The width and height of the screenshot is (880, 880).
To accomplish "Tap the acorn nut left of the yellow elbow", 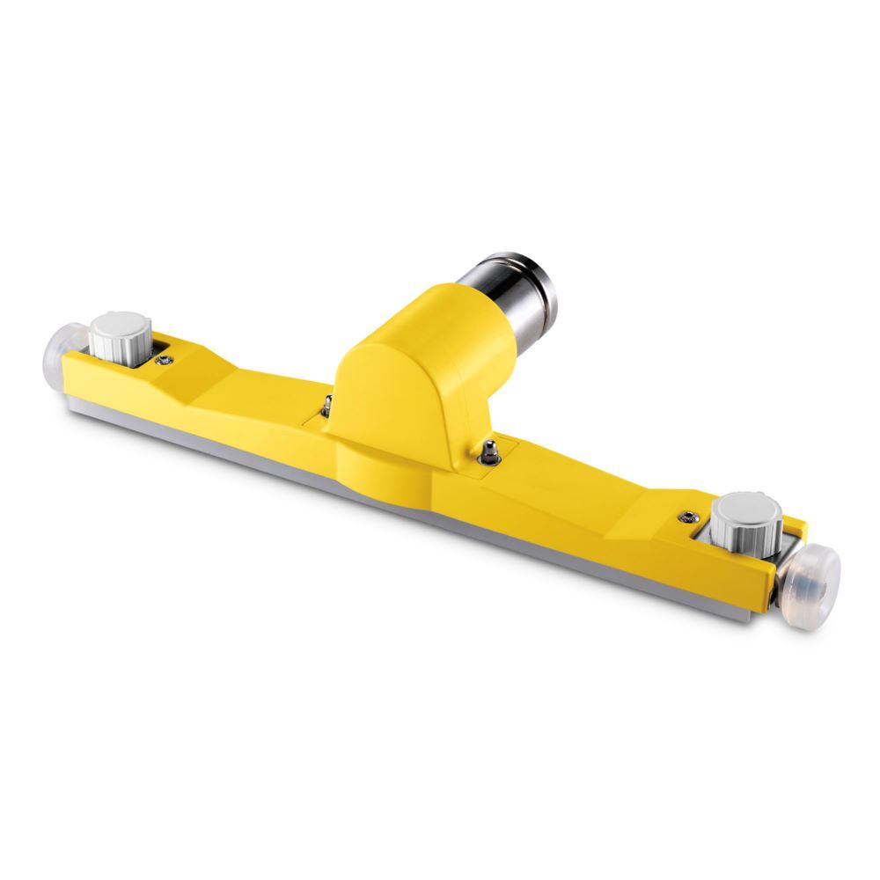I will coord(326,404).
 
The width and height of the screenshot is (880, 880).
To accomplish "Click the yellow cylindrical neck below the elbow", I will coord(378,458).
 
